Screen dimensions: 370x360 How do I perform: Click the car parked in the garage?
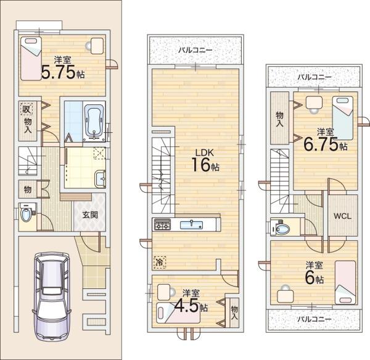52,296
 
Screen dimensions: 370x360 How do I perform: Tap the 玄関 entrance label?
90,215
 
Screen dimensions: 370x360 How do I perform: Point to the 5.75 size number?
58,72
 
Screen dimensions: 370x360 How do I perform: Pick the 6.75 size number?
321,144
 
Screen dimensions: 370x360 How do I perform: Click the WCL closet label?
342,216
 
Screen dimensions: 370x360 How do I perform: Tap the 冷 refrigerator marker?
160,262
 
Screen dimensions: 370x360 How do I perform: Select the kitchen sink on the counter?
191,225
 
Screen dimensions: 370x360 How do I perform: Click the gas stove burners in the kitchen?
162,224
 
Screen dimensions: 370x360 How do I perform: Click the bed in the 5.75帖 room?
31,58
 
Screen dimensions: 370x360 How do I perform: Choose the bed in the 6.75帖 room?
343,118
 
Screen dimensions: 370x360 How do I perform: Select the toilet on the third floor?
280,228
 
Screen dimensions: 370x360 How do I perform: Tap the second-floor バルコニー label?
195,50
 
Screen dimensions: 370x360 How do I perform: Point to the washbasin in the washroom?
101,179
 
